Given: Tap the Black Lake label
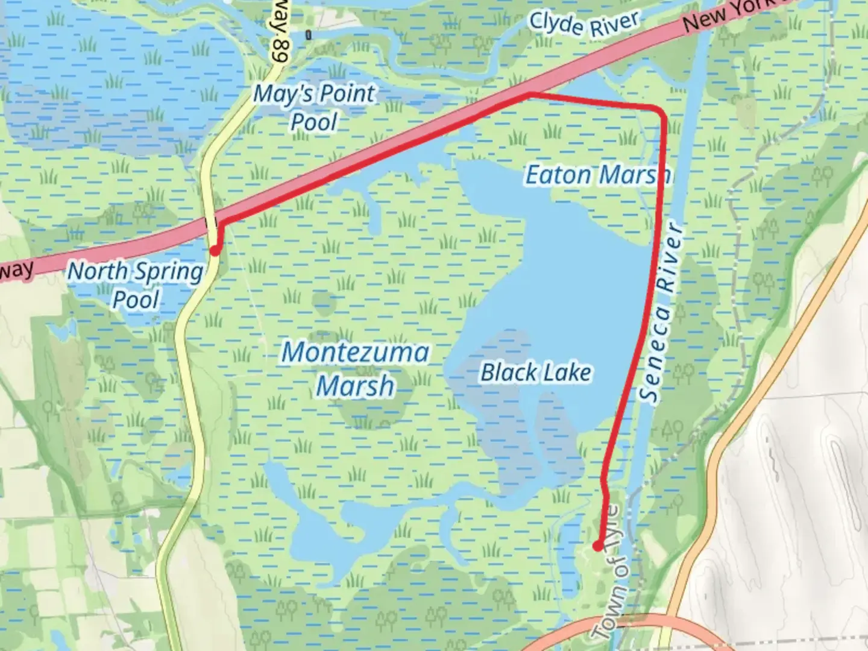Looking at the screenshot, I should pyautogui.click(x=535, y=373).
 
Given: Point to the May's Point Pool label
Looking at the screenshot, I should pyautogui.click(x=314, y=107).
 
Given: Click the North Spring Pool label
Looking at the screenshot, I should pyautogui.click(x=136, y=285).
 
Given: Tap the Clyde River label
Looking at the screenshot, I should pyautogui.click(x=583, y=25).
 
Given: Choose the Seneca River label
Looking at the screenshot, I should pyautogui.click(x=661, y=313).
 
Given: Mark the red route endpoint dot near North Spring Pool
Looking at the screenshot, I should pyautogui.click(x=214, y=251).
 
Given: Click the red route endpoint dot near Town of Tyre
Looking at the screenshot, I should pyautogui.click(x=597, y=546).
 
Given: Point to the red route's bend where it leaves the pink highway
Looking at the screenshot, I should pyautogui.click(x=530, y=94).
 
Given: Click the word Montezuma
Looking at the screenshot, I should pyautogui.click(x=356, y=352).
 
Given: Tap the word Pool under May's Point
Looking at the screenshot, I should pyautogui.click(x=314, y=122).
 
